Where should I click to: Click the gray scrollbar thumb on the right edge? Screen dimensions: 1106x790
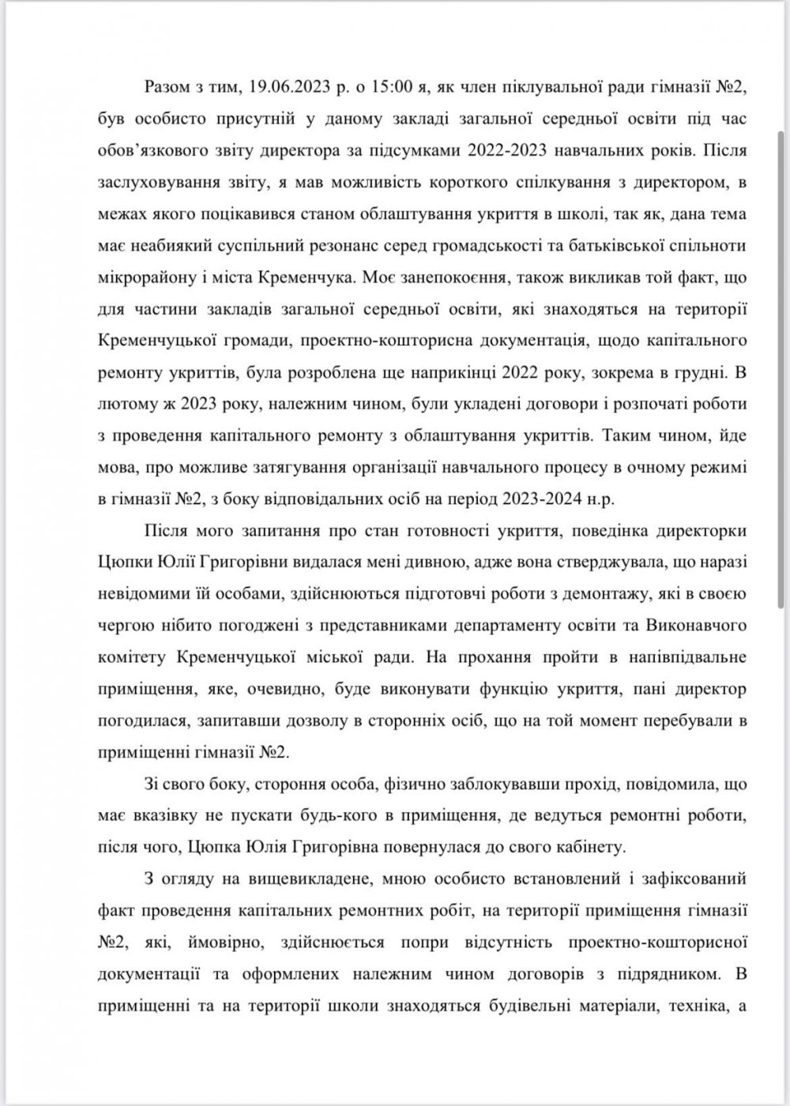pos(782,371)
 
